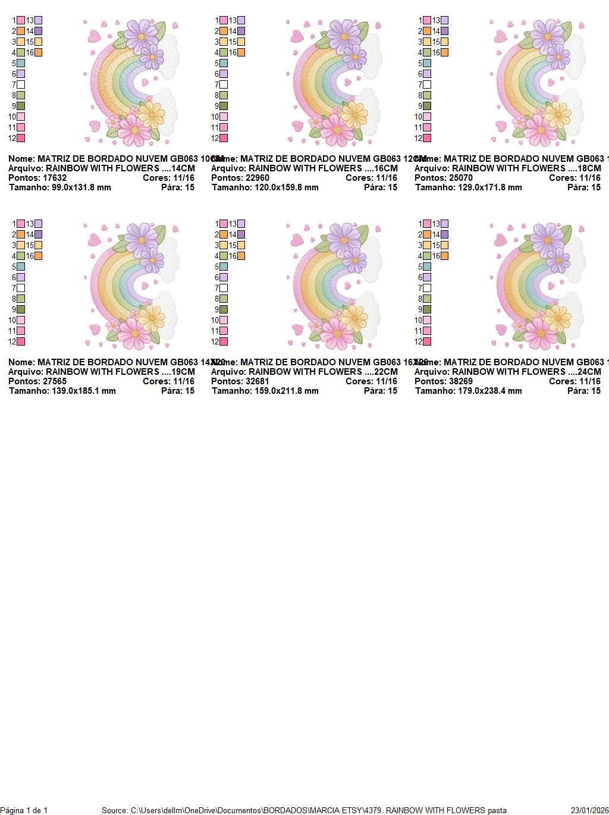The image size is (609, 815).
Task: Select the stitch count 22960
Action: tap(257, 178)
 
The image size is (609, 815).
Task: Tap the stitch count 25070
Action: tap(460, 178)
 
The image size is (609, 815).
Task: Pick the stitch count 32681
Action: tap(257, 381)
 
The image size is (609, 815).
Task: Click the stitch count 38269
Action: tap(460, 381)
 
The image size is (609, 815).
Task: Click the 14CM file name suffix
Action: tap(183, 168)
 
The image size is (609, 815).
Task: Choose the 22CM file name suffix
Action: tap(385, 372)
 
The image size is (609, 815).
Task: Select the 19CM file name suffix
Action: tap(183, 372)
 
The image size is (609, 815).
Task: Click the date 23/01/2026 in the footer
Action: tap(589, 810)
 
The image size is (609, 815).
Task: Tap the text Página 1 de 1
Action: tap(24, 810)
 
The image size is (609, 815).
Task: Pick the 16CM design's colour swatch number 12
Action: tap(224, 138)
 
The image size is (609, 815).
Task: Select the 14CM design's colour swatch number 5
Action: tap(21, 63)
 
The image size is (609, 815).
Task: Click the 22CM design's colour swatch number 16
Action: tap(241, 256)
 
